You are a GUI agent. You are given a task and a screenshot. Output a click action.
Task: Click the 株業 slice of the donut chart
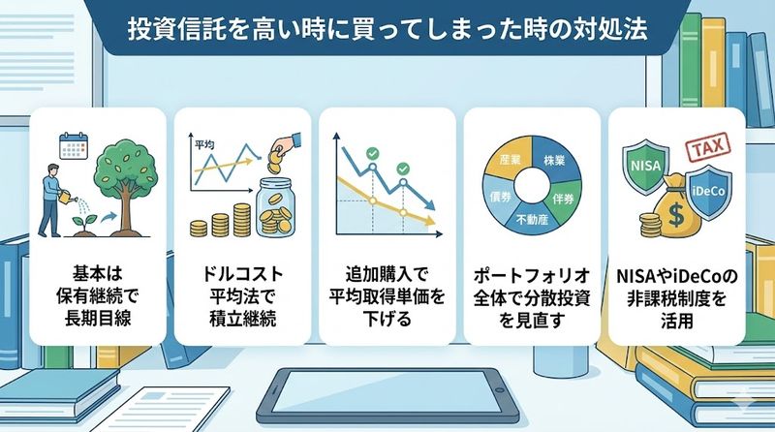click(555, 161)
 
